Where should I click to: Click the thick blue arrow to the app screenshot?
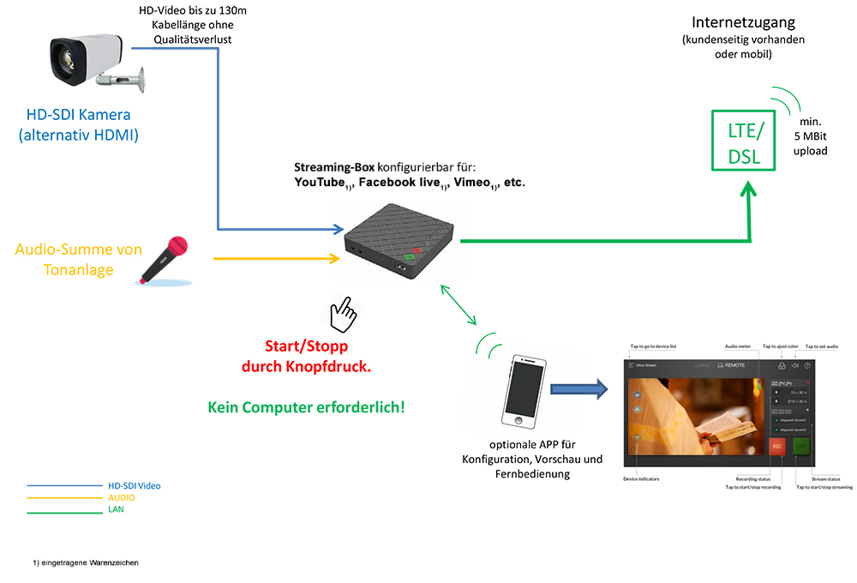click(579, 390)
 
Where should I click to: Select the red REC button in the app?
click(776, 447)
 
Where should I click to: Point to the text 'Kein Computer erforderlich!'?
click(306, 406)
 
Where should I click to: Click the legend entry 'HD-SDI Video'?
click(134, 485)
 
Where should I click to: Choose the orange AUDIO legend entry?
click(121, 497)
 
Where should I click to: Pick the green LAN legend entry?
click(116, 509)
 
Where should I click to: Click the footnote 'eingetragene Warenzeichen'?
click(86, 562)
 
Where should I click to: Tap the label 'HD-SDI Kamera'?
click(80, 116)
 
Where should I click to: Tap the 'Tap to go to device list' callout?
click(653, 346)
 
